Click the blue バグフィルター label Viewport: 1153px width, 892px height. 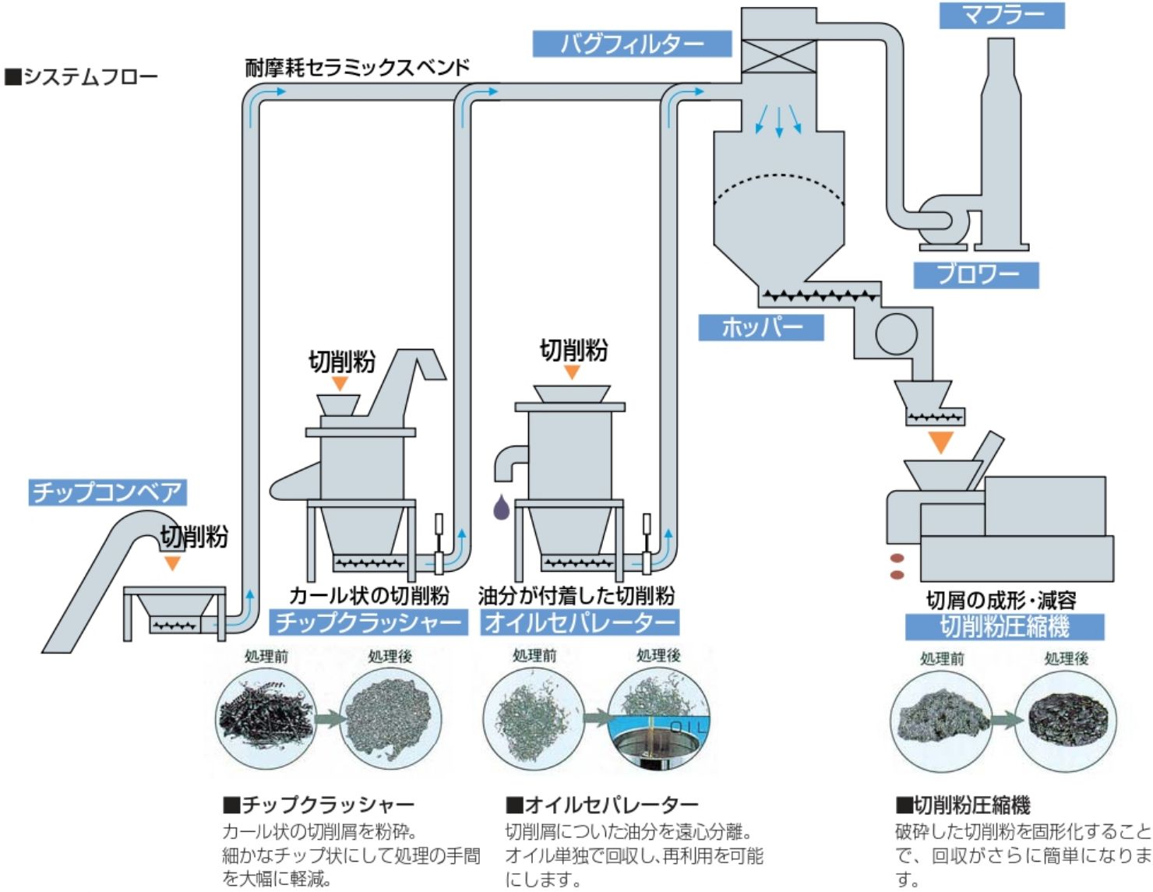click(x=632, y=44)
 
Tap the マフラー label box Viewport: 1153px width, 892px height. click(x=1001, y=15)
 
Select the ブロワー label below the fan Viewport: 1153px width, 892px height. click(x=976, y=274)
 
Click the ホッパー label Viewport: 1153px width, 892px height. click(x=760, y=327)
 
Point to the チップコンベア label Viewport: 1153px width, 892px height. click(x=108, y=492)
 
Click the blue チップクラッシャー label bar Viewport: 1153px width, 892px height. click(x=368, y=622)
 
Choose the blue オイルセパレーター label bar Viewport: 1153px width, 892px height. click(x=580, y=622)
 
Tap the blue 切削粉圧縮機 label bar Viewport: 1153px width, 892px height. click(x=1004, y=626)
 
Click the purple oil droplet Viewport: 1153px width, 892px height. click(x=502, y=508)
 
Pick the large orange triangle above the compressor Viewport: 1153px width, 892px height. click(x=941, y=442)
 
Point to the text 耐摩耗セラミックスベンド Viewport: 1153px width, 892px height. click(x=358, y=68)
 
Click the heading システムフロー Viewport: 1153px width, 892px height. click(x=81, y=76)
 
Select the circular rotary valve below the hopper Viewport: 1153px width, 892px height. click(x=896, y=333)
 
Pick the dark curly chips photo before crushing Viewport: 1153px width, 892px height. click(x=263, y=717)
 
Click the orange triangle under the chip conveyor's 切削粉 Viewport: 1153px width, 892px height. click(x=171, y=562)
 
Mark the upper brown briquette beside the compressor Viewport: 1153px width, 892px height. click(x=897, y=559)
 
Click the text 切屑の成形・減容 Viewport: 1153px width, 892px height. click(x=1001, y=600)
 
